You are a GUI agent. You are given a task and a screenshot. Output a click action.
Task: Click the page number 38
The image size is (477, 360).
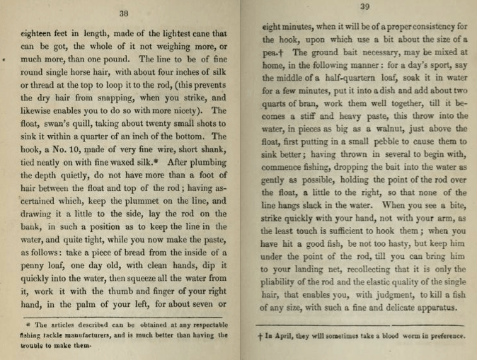pos(124,13)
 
